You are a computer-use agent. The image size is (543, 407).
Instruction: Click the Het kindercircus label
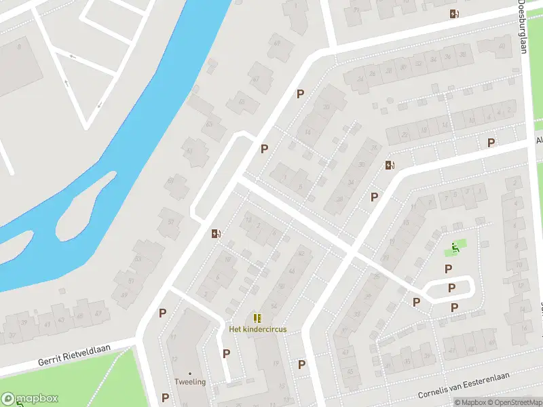coord(257,329)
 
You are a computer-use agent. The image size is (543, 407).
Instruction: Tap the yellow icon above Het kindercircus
coord(257,318)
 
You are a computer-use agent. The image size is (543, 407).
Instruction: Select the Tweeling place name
coord(190,382)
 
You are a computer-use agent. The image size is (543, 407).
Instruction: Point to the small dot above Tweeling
coord(190,373)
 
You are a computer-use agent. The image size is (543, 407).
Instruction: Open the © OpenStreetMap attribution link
coord(513,402)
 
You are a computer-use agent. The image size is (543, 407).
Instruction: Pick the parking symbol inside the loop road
coord(451,288)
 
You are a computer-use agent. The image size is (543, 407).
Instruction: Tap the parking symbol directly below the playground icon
coord(448,269)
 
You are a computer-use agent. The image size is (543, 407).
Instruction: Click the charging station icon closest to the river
coord(217,234)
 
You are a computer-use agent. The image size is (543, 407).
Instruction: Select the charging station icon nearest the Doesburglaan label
coord(454,14)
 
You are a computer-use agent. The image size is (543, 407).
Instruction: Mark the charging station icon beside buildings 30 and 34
coord(390,165)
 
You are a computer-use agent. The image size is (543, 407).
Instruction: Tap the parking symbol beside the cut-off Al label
coord(491,142)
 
